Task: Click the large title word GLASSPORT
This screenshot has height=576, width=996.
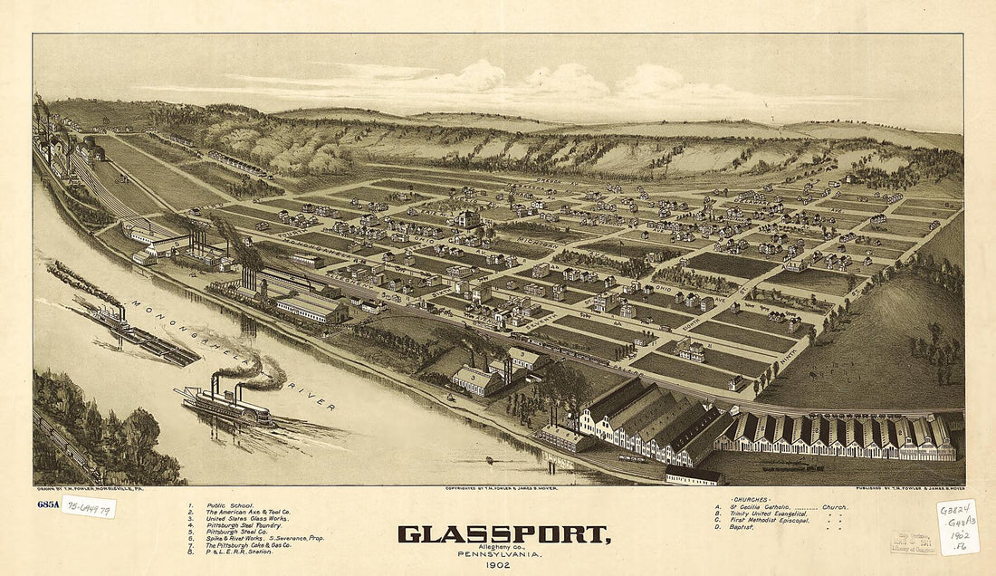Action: click(x=503, y=533)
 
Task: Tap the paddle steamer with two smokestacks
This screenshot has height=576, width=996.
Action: click(x=226, y=405)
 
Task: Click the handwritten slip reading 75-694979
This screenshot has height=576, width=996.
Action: click(x=88, y=506)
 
